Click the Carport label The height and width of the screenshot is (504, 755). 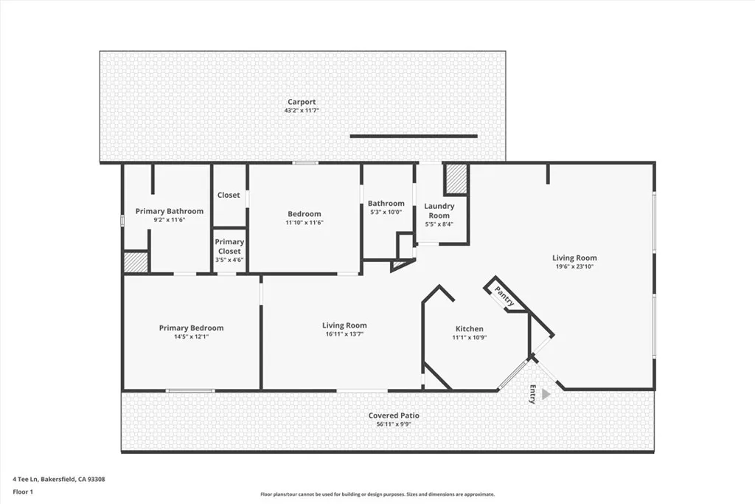(302, 102)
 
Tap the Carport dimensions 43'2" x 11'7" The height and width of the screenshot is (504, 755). (302, 111)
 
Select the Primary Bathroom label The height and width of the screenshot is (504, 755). (170, 211)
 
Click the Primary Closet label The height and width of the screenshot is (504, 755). (229, 246)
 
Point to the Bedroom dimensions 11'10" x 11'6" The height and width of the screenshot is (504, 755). (305, 222)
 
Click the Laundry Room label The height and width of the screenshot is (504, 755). (439, 210)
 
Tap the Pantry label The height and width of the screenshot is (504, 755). (506, 297)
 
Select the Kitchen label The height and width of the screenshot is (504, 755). (469, 328)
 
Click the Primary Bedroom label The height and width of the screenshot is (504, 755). (191, 328)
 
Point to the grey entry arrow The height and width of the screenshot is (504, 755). (546, 394)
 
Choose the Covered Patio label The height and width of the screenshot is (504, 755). (394, 415)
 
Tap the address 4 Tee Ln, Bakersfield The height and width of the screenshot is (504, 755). (59, 479)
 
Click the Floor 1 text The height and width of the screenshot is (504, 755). (24, 491)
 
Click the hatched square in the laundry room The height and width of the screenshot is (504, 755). (456, 179)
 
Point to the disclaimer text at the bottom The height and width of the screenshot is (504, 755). (377, 494)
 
